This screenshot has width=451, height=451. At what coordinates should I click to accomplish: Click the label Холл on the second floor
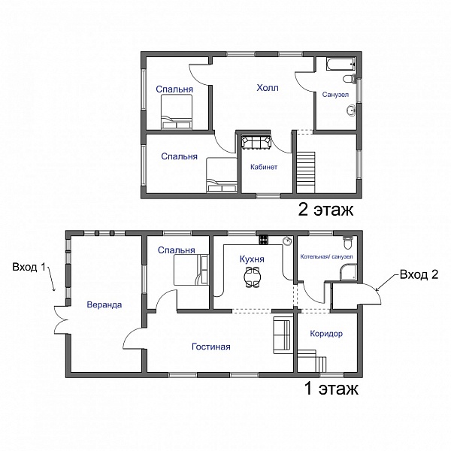[268, 87]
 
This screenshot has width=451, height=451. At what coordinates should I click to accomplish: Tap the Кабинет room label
[264, 167]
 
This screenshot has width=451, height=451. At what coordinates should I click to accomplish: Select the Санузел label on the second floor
[335, 95]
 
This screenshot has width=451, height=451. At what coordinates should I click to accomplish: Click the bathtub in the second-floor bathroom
[341, 64]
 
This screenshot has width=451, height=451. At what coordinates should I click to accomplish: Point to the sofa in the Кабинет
[256, 142]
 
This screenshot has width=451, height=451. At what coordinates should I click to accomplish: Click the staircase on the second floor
[306, 172]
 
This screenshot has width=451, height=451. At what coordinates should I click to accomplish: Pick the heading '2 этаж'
[325, 210]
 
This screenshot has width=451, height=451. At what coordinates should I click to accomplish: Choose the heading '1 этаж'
[331, 389]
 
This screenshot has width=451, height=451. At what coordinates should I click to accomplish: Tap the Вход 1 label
[29, 267]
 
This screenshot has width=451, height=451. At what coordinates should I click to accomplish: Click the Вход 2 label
[419, 274]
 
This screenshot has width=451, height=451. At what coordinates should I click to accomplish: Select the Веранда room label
[104, 304]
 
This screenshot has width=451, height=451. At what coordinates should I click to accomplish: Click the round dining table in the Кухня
[252, 277]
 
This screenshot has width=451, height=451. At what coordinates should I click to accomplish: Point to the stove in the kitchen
[264, 239]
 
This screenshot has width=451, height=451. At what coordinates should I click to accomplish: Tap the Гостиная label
[211, 347]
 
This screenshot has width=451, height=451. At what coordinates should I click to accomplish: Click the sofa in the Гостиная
[283, 335]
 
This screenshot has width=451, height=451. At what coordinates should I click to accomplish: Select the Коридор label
[326, 333]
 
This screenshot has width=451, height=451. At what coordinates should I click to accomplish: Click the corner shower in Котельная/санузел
[349, 272]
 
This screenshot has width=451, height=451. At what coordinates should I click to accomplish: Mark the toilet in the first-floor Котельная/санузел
[348, 242]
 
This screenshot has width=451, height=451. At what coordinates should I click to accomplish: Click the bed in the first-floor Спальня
[191, 270]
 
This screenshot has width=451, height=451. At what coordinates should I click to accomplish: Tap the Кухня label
[252, 259]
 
